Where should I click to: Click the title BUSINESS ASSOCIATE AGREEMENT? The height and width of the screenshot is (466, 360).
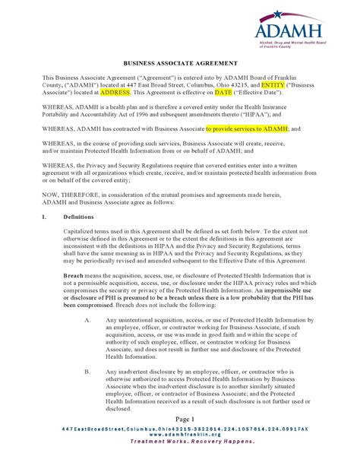180,64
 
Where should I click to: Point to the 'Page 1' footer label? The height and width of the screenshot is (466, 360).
185,420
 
